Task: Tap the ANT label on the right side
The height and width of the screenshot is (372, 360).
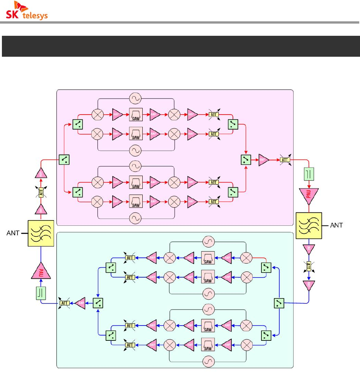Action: (x=335, y=225)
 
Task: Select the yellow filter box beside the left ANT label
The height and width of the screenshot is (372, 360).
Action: (x=40, y=233)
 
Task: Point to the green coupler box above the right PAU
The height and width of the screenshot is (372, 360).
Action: (x=309, y=175)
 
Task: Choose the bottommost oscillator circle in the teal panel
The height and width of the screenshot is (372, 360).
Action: (x=208, y=360)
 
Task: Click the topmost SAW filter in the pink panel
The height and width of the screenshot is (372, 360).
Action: (x=136, y=113)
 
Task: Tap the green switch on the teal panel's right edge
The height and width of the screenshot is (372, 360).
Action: (x=279, y=303)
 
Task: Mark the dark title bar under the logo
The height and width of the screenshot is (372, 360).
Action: (x=180, y=46)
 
